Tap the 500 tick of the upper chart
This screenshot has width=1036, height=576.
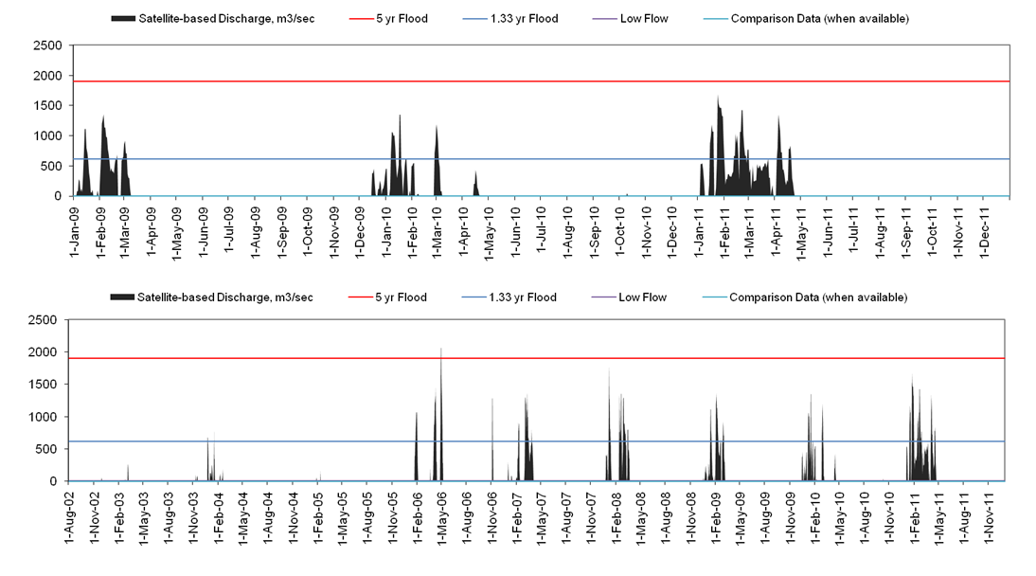(x=52, y=166)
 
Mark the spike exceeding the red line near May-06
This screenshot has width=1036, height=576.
(x=441, y=351)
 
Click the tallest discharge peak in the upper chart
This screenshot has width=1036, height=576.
(x=718, y=99)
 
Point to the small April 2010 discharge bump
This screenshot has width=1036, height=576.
(x=475, y=182)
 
